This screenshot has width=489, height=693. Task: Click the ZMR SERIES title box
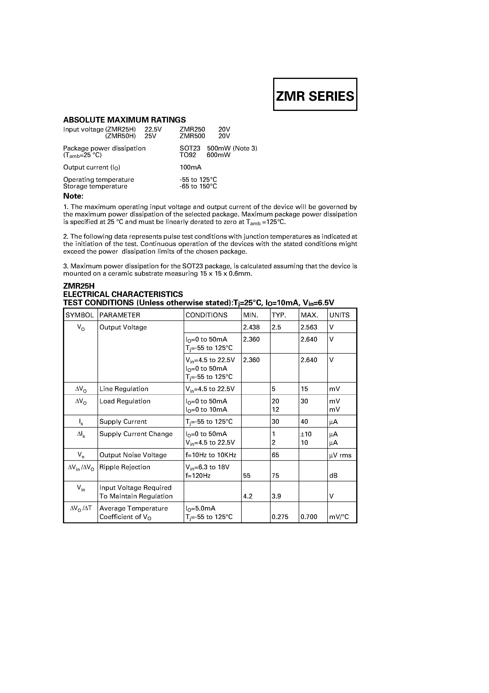pyautogui.click(x=315, y=95)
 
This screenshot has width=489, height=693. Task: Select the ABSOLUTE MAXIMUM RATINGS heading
pyautogui.click(x=124, y=120)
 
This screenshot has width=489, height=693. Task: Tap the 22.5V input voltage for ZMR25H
pyautogui.click(x=153, y=129)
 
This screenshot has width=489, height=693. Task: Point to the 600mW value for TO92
pyautogui.click(x=218, y=155)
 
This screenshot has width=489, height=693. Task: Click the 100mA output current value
pyautogui.click(x=191, y=167)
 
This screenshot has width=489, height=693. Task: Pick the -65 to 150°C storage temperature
pyautogui.click(x=198, y=186)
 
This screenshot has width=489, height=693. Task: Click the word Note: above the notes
pyautogui.click(x=73, y=196)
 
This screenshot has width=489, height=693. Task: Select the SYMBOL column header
pyautogui.click(x=80, y=315)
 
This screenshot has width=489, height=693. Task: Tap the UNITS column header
pyautogui.click(x=339, y=315)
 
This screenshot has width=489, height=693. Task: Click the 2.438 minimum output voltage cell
pyautogui.click(x=251, y=327)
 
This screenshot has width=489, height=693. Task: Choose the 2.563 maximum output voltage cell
pyautogui.click(x=309, y=327)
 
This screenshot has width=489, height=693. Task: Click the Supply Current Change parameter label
pyautogui.click(x=136, y=434)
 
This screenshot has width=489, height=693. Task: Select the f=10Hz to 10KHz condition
pyautogui.click(x=211, y=455)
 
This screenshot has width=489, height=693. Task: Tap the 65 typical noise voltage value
pyautogui.click(x=276, y=455)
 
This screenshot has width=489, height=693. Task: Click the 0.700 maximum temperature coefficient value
pyautogui.click(x=309, y=517)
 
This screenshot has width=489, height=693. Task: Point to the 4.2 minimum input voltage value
pyautogui.click(x=248, y=496)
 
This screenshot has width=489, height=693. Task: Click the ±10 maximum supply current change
pyautogui.click(x=306, y=434)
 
